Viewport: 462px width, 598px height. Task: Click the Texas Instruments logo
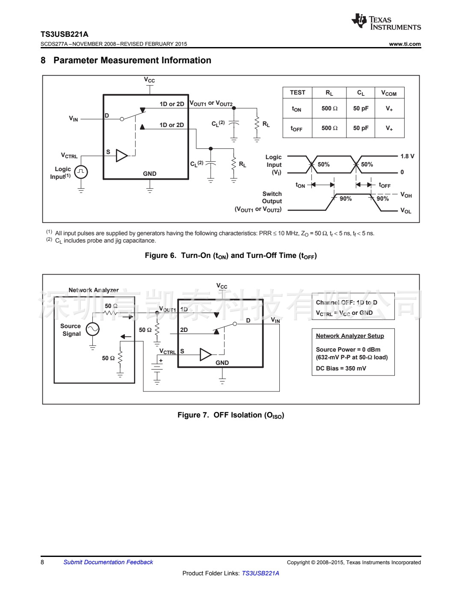(386, 22)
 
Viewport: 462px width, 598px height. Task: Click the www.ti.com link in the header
(405, 44)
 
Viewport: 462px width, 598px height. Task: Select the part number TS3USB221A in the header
(65, 34)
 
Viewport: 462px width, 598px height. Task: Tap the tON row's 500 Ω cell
(329, 109)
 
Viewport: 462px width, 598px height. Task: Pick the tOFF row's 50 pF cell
(361, 128)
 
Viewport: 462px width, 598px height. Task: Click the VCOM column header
(389, 93)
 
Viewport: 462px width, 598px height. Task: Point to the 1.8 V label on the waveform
(407, 156)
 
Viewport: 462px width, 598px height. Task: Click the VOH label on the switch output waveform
(406, 195)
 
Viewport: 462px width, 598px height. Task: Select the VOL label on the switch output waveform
(406, 211)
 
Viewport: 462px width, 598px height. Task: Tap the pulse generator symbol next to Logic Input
(81, 172)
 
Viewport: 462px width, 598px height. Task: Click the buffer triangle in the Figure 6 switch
(121, 156)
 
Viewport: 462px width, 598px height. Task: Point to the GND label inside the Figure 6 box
(150, 174)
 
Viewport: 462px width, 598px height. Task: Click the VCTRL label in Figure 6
(69, 156)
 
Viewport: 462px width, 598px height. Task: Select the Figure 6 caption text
(231, 256)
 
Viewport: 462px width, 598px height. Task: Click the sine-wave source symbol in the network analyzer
(92, 329)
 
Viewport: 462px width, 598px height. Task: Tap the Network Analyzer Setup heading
(350, 336)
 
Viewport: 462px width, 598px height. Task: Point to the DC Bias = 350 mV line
(341, 368)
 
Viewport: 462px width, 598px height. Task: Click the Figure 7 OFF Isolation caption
(231, 415)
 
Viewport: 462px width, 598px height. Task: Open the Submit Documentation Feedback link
(108, 562)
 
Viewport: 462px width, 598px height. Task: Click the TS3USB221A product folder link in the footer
(260, 573)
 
